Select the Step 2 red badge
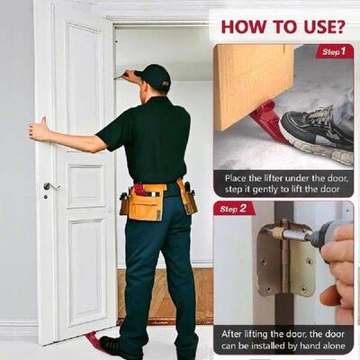(x=235, y=209)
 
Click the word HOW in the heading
(x=238, y=25)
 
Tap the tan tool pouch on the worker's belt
(x=145, y=203)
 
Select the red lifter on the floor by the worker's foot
(x=94, y=340)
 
